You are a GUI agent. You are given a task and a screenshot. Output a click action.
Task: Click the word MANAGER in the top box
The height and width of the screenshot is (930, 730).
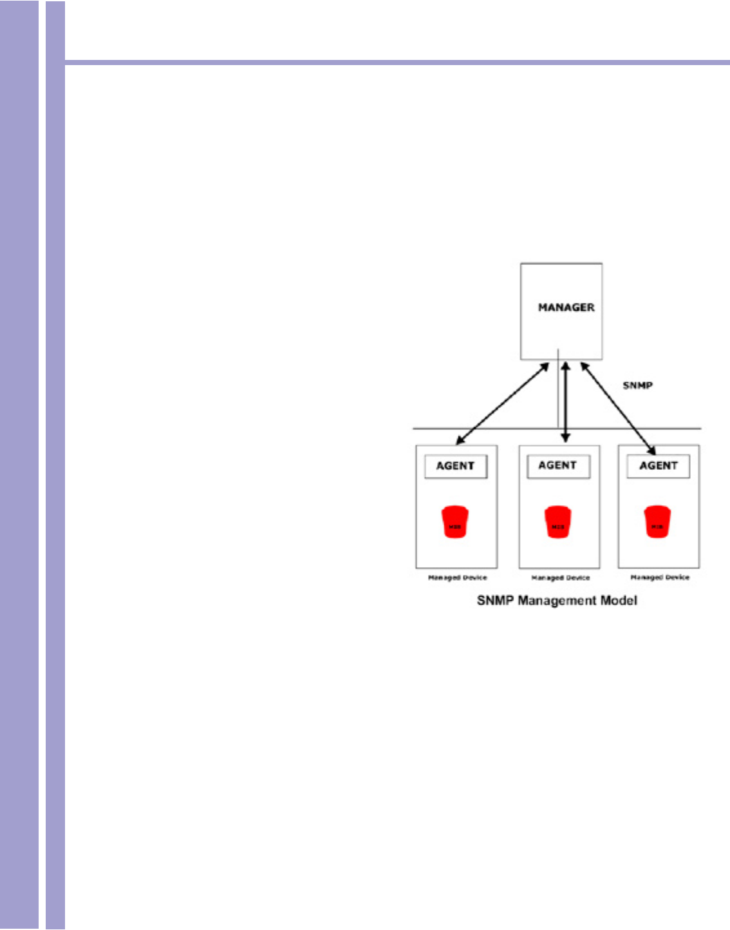click(x=566, y=307)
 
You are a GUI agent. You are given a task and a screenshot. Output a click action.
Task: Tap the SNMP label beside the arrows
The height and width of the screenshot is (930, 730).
click(x=637, y=385)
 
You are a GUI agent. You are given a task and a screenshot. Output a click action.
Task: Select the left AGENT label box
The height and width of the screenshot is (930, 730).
click(x=455, y=466)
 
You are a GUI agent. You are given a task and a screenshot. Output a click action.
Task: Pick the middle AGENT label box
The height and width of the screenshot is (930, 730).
click(x=557, y=465)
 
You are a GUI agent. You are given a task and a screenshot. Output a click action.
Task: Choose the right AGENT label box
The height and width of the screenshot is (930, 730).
click(x=658, y=466)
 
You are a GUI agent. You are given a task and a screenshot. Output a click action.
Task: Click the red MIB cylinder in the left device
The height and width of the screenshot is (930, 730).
click(x=454, y=523)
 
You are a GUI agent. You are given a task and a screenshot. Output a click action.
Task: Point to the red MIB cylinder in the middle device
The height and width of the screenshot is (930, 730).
click(x=557, y=523)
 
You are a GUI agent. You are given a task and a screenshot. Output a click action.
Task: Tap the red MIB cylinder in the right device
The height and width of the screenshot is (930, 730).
click(x=657, y=523)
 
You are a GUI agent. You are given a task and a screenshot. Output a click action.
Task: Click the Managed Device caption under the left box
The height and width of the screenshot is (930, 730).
click(x=458, y=577)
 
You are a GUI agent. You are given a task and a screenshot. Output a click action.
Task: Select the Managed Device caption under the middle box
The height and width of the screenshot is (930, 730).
click(x=560, y=578)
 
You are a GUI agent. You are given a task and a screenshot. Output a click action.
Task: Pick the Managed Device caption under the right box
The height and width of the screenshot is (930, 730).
click(x=660, y=577)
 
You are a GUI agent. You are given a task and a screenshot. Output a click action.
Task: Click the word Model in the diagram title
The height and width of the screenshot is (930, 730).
click(x=619, y=601)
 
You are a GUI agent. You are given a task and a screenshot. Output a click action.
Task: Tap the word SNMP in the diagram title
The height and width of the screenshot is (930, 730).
click(x=496, y=601)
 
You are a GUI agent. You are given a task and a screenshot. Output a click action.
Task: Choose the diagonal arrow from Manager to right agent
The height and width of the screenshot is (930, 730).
click(x=618, y=408)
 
